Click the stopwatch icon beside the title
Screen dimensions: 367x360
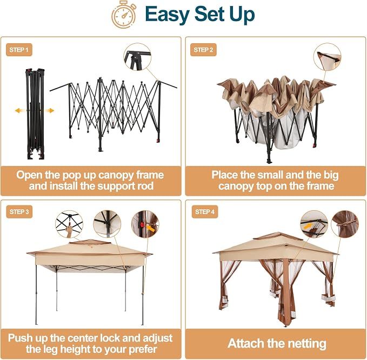[124, 15]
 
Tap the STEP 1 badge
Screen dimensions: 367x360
[19, 50]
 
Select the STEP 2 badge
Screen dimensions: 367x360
[203, 50]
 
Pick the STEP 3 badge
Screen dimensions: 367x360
[19, 212]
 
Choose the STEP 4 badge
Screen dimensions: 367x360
[205, 212]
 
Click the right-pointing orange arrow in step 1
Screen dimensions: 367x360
[49, 110]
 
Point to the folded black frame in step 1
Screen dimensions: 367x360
[35, 114]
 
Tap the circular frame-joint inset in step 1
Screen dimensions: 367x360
[137, 57]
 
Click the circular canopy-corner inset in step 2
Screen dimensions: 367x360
[328, 57]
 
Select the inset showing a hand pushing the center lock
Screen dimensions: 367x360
[69, 224]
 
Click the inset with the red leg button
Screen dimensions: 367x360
[145, 224]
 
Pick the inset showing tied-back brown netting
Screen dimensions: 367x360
[345, 224]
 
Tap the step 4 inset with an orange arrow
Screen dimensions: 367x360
[314, 224]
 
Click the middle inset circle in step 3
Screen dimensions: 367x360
[107, 224]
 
